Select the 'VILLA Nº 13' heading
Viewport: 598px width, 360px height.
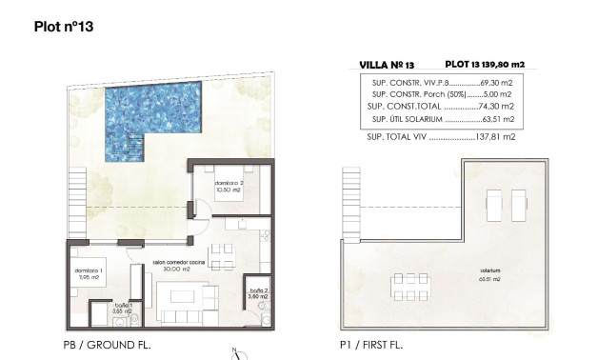click(386, 65)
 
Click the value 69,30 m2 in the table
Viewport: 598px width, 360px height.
click(497, 84)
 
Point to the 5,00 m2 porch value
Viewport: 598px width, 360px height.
click(499, 95)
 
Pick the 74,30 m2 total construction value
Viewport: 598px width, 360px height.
click(497, 107)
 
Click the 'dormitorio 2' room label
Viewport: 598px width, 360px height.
click(229, 184)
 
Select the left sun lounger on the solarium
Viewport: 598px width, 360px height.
click(494, 204)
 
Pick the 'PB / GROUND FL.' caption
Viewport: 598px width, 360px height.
click(107, 345)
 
